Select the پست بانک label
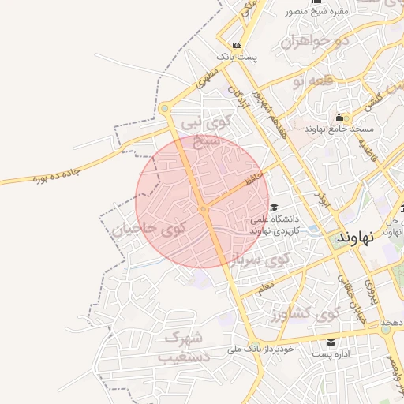[238, 58]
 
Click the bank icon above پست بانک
[238, 46]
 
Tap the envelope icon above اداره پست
[331, 343]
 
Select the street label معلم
[266, 285]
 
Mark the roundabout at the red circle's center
[203, 208]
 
